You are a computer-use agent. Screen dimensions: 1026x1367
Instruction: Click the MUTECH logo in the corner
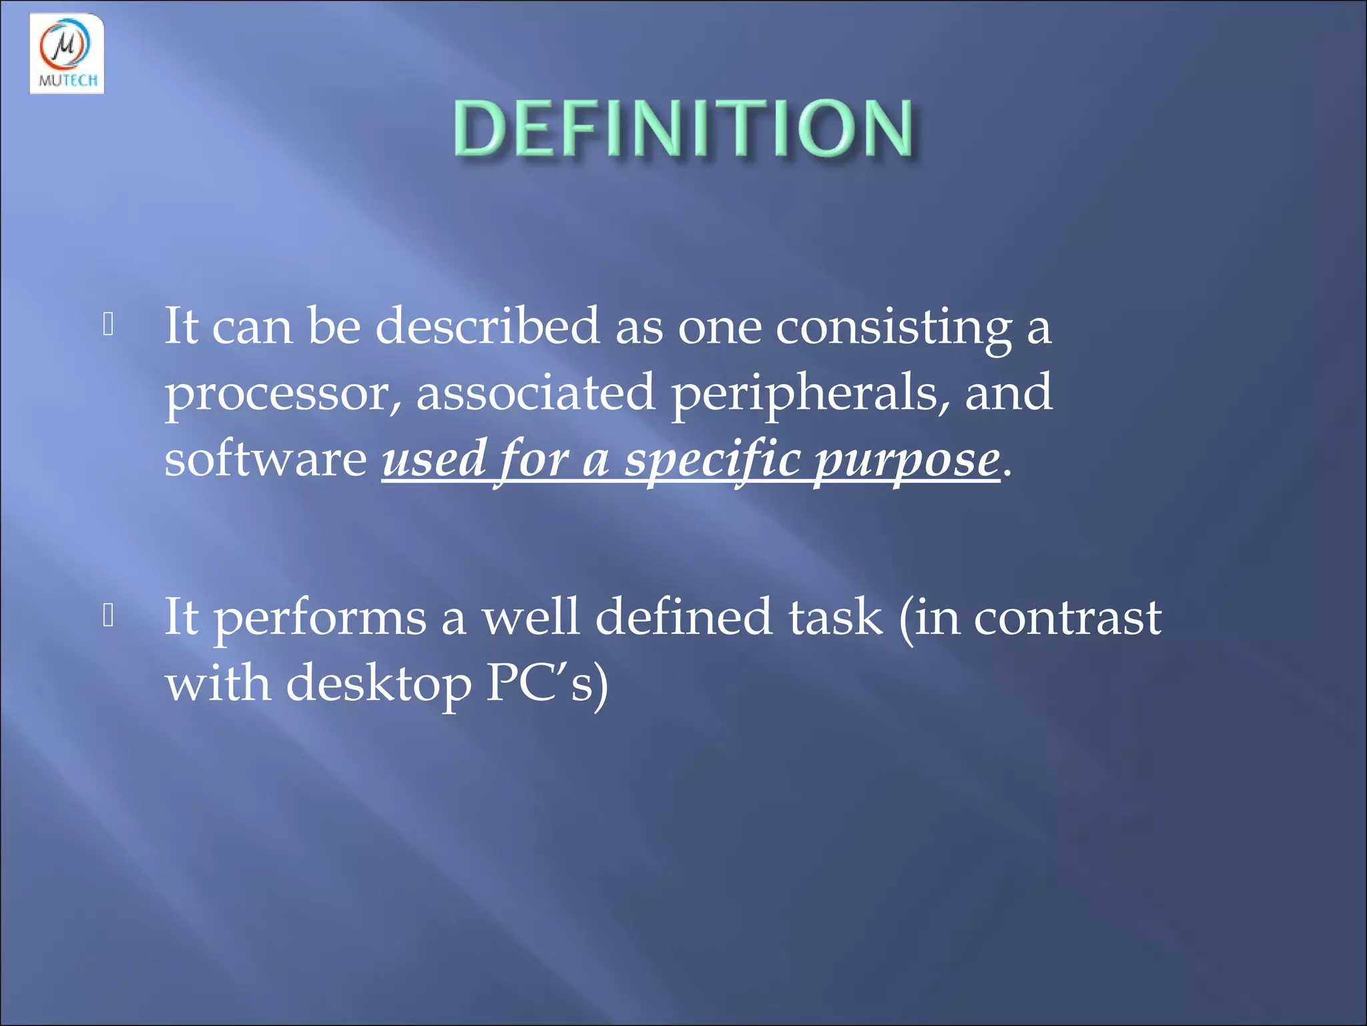pyautogui.click(x=67, y=53)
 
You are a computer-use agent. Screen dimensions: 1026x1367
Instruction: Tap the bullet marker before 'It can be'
pyautogui.click(x=109, y=325)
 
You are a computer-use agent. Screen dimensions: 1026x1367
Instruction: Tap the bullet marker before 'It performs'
pyautogui.click(x=109, y=615)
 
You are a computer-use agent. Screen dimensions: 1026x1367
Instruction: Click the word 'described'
pyautogui.click(x=487, y=326)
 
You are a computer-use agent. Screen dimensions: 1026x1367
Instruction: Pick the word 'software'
pyautogui.click(x=265, y=460)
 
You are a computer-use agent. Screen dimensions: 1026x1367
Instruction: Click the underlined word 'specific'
pyautogui.click(x=712, y=461)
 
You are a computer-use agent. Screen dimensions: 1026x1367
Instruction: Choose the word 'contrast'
pyautogui.click(x=1067, y=618)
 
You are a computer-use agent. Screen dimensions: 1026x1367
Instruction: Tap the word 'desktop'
pyautogui.click(x=378, y=685)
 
